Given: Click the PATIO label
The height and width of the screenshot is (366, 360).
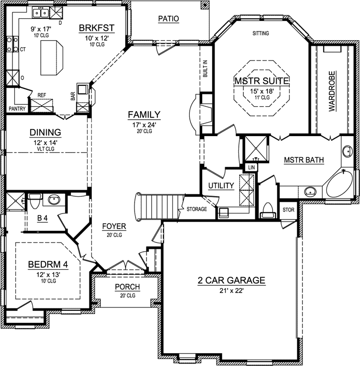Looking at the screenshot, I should pos(168,19).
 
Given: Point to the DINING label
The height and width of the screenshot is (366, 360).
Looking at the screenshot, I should pos(45,133).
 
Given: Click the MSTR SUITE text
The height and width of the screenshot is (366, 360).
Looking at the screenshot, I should pos(261,80).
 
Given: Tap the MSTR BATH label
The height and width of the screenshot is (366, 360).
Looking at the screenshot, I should pos(304,160).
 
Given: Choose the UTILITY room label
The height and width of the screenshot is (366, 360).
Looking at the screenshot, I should pos(221,186).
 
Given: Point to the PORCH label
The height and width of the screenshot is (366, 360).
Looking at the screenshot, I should pos(127,287).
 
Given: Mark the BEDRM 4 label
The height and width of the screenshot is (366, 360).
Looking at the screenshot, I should pos(48,264).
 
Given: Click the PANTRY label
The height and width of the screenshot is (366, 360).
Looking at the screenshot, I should pos(17,108).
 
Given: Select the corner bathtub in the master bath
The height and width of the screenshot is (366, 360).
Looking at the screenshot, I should pos(340,184).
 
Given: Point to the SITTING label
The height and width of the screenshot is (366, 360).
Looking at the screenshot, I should pos(261,33).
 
